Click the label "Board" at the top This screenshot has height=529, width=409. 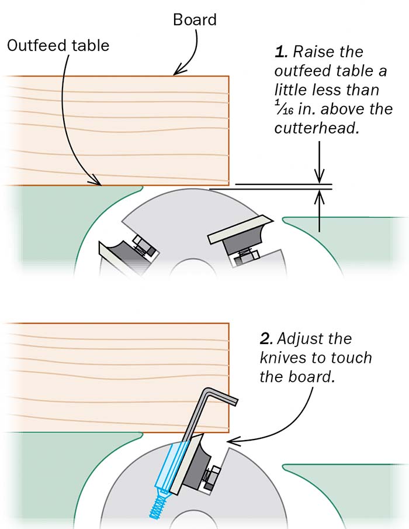[195, 20]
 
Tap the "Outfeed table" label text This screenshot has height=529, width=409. [58, 45]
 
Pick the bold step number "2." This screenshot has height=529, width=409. [266, 339]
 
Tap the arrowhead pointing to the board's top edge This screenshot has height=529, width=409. [176, 73]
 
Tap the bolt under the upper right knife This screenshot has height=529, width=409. [245, 255]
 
